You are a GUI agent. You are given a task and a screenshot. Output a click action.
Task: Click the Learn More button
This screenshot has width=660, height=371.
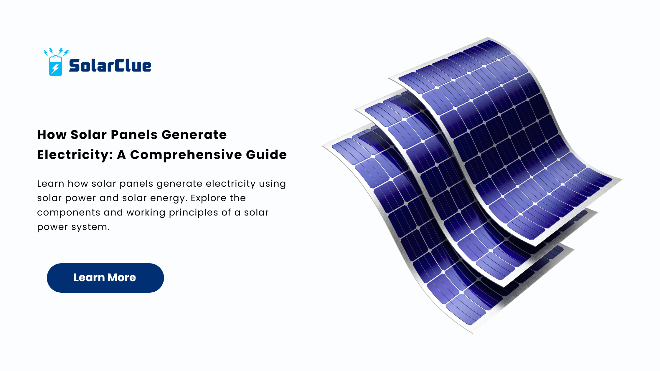point(105,278)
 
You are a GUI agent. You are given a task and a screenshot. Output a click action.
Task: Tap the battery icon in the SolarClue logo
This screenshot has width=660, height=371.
point(56,66)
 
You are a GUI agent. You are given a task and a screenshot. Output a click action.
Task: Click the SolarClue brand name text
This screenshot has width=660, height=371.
point(110,65)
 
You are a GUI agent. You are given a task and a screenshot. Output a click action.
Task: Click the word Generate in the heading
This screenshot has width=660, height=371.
point(194,135)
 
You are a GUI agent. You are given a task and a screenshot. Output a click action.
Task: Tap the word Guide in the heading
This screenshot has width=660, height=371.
point(266,155)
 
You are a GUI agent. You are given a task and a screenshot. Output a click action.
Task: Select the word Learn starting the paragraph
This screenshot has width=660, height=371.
point(50,183)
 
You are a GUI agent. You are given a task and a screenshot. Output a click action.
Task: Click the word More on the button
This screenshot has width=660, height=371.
point(122,278)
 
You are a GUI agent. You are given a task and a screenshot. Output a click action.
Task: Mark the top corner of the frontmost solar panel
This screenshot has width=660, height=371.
point(488,38)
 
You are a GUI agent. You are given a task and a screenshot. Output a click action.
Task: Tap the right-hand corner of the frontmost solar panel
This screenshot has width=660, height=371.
point(622,179)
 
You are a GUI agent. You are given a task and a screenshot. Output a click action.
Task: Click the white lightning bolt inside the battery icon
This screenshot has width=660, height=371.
point(55,69)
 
